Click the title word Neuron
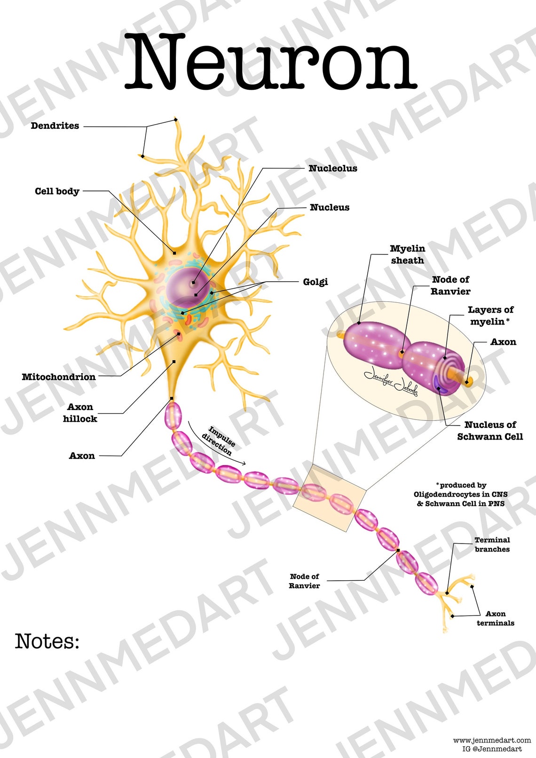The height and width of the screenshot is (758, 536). point(270,61)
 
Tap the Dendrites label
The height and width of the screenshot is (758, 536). point(55,126)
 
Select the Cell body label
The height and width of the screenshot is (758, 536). point(57,191)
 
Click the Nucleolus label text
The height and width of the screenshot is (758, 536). point(332,168)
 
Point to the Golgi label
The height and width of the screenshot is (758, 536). point(315,282)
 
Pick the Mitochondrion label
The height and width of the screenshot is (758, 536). point(59,377)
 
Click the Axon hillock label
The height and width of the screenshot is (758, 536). point(80,413)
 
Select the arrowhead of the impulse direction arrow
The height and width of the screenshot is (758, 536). point(244,463)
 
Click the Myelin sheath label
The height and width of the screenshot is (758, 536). point(407,254)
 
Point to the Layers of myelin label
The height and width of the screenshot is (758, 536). point(490,316)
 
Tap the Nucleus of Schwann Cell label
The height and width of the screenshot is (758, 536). point(490,431)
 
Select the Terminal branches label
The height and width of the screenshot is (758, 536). point(492,545)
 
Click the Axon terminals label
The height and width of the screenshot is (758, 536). point(495,618)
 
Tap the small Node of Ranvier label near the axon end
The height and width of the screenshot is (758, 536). point(304,581)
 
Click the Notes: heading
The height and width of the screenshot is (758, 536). point(47,641)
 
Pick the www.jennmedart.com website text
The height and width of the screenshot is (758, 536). point(492,741)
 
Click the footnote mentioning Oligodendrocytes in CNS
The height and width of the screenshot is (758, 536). point(460,495)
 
